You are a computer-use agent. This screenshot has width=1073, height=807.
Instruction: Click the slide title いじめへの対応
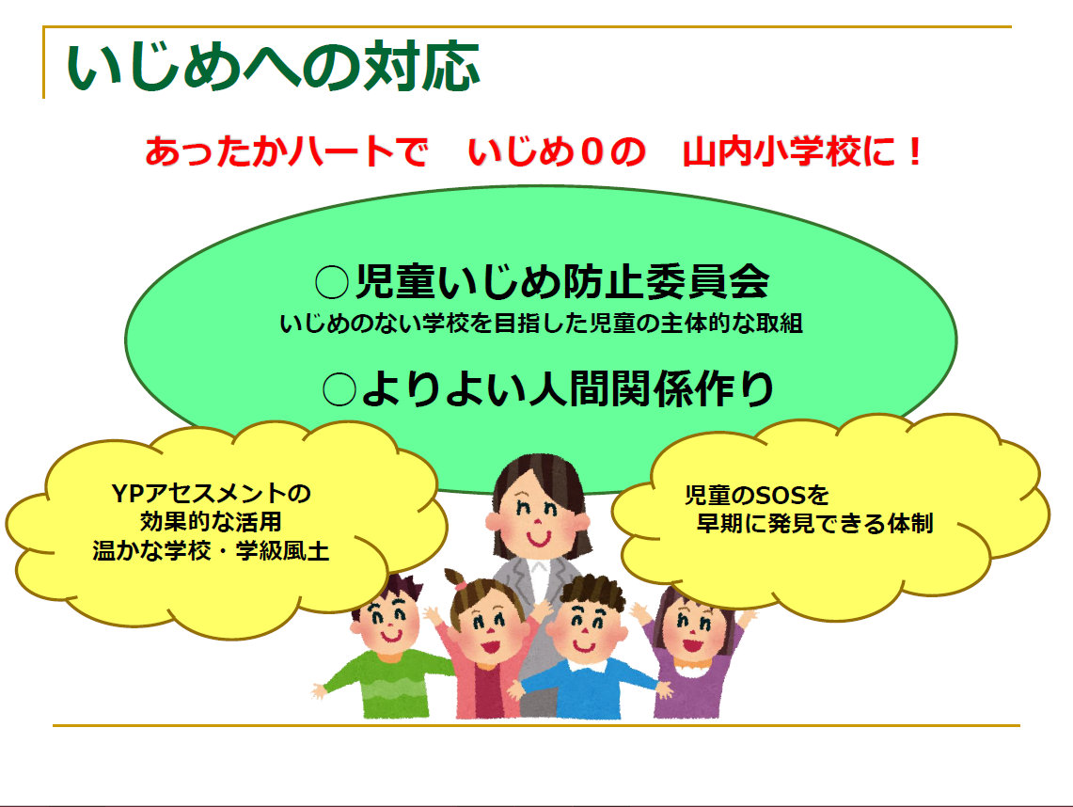pyautogui.click(x=273, y=67)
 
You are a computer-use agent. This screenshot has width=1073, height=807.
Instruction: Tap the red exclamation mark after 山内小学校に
pyautogui.click(x=913, y=151)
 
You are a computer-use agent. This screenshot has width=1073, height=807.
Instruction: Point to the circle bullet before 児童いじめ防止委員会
pyautogui.click(x=332, y=281)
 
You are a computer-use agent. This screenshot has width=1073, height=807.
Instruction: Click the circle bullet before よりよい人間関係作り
pyautogui.click(x=339, y=389)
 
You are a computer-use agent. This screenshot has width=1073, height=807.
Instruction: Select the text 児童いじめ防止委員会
pyautogui.click(x=562, y=281)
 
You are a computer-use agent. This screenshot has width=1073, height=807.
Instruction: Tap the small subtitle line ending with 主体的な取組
pyautogui.click(x=541, y=323)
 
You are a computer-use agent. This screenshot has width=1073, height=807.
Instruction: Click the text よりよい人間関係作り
pyautogui.click(x=568, y=388)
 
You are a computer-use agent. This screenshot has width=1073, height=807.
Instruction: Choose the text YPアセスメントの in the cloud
pyautogui.click(x=212, y=493)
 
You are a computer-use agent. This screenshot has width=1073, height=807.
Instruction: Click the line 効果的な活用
pyautogui.click(x=211, y=522)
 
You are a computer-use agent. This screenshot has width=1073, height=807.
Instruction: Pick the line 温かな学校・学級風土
pyautogui.click(x=211, y=550)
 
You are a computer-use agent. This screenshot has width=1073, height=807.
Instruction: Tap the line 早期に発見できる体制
pyautogui.click(x=814, y=524)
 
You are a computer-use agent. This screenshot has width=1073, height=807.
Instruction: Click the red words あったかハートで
pyautogui.click(x=286, y=151)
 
